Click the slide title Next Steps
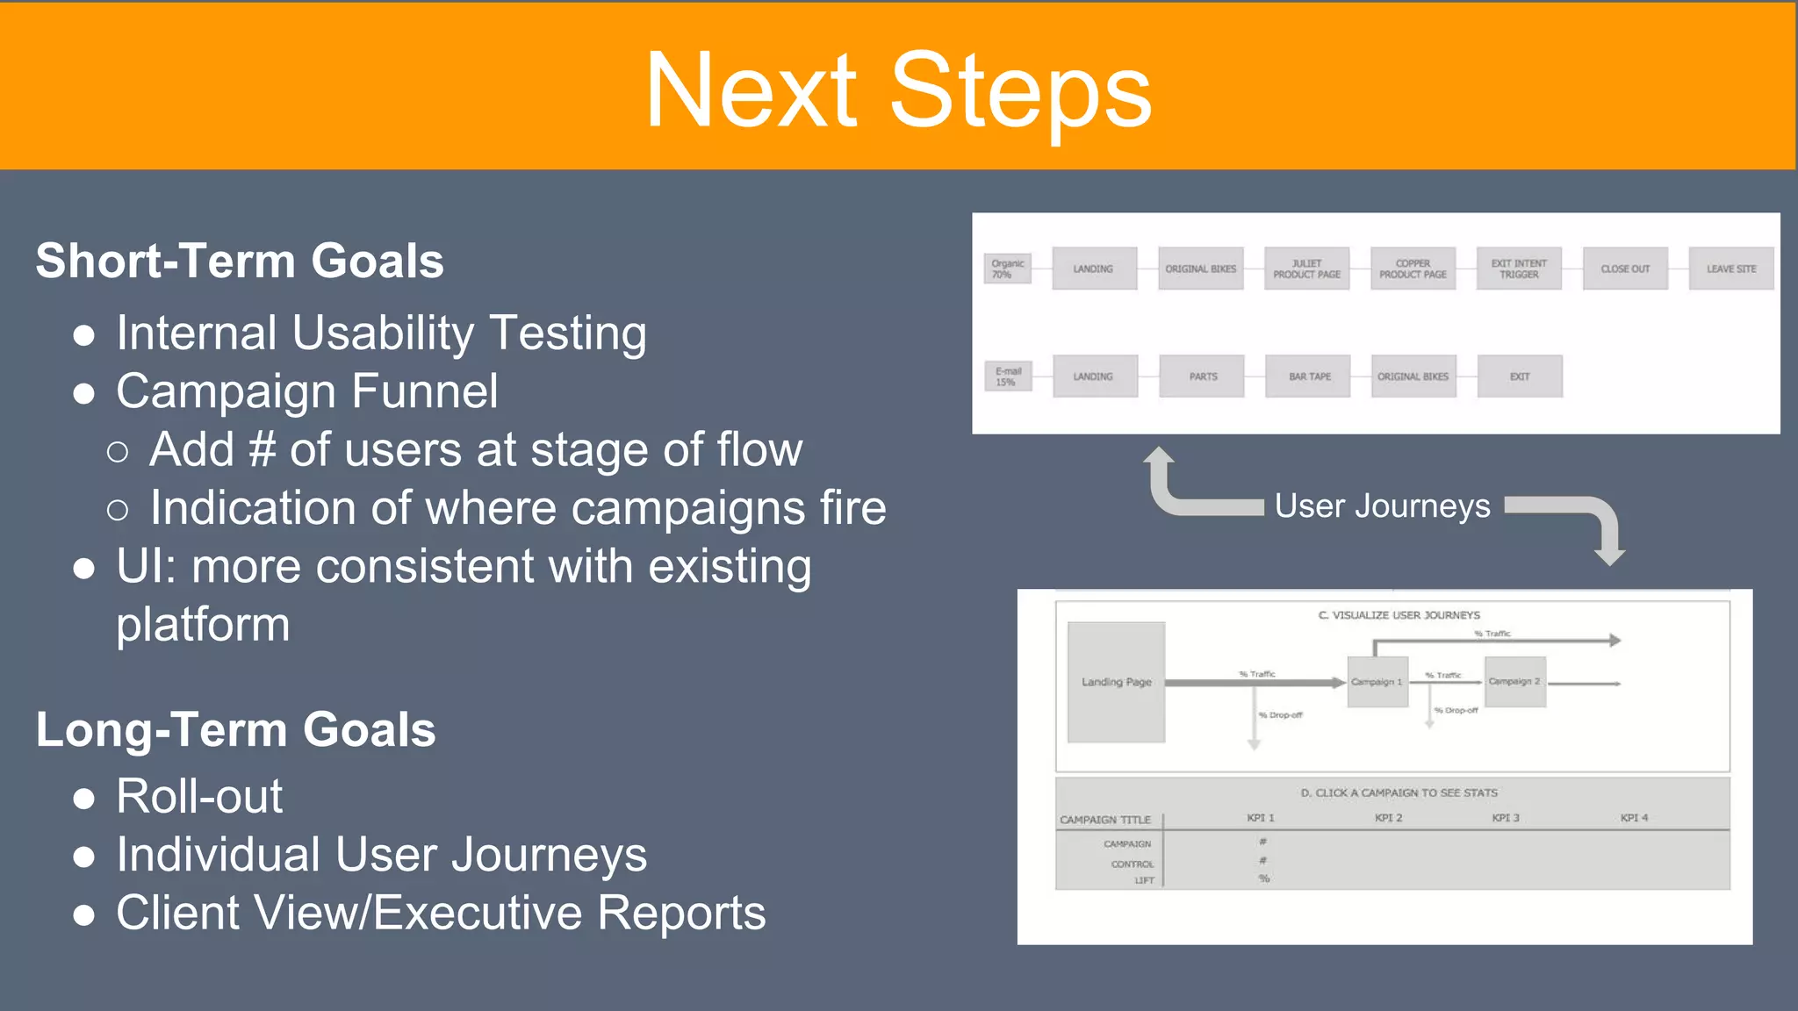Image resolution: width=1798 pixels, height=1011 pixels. tap(898, 90)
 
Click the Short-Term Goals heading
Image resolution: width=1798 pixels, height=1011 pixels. tap(240, 261)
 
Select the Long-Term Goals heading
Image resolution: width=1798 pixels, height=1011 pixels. tap(235, 729)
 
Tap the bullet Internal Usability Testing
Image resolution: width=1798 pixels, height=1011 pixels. tap(381, 333)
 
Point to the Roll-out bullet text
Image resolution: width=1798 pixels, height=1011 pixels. tap(199, 796)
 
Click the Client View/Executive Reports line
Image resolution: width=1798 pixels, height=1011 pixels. tap(441, 913)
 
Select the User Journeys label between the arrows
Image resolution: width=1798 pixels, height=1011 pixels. tap(1382, 506)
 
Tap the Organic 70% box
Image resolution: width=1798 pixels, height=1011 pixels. tap(1007, 269)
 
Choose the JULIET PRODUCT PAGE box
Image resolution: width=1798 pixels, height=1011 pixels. tap(1306, 269)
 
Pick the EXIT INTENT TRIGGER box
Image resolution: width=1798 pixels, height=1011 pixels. tap(1519, 269)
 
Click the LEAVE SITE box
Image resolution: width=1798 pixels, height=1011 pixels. tap(1730, 269)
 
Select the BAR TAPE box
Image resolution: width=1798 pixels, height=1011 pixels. tap(1308, 376)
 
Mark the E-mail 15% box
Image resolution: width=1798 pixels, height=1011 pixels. tap(1008, 376)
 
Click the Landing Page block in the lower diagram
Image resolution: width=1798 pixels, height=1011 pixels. tap(1116, 682)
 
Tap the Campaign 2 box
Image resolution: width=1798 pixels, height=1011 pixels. tap(1515, 682)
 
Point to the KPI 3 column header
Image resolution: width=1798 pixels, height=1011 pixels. tap(1505, 818)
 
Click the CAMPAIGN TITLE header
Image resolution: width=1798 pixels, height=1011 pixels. tap(1104, 820)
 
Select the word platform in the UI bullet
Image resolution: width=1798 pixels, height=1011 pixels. tap(203, 625)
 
